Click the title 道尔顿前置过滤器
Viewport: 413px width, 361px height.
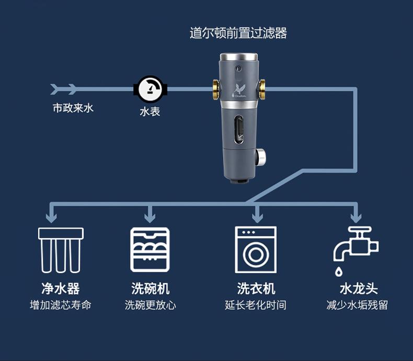[x=238, y=33]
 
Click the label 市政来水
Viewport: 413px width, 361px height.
[x=73, y=108]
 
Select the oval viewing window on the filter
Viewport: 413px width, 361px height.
[x=239, y=129]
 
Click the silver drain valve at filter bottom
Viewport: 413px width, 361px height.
[x=260, y=156]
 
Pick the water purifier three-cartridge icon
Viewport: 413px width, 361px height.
[x=61, y=250]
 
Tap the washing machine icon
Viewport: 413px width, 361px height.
[x=256, y=250]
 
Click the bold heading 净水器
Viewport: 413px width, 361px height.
[x=61, y=289]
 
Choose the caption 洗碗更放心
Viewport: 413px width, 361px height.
[x=150, y=305]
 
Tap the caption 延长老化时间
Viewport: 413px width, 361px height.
[x=256, y=305]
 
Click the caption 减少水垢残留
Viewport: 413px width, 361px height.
[x=357, y=305]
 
